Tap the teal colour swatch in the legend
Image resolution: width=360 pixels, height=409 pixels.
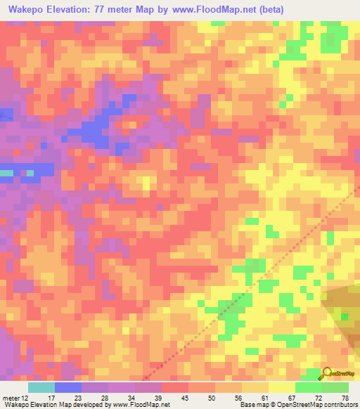(41, 387)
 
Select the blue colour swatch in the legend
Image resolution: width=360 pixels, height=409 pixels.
(68, 387)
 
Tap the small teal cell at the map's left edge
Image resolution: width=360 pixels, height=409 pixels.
(6, 172)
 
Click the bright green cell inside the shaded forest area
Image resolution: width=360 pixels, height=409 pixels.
(345, 316)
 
